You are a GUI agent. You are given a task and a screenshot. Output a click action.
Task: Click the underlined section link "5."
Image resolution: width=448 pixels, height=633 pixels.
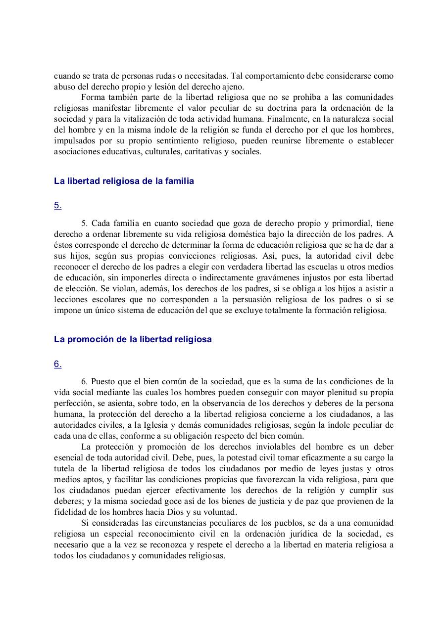[x=58, y=206]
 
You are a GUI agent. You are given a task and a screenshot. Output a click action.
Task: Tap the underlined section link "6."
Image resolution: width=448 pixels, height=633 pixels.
[x=58, y=364]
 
